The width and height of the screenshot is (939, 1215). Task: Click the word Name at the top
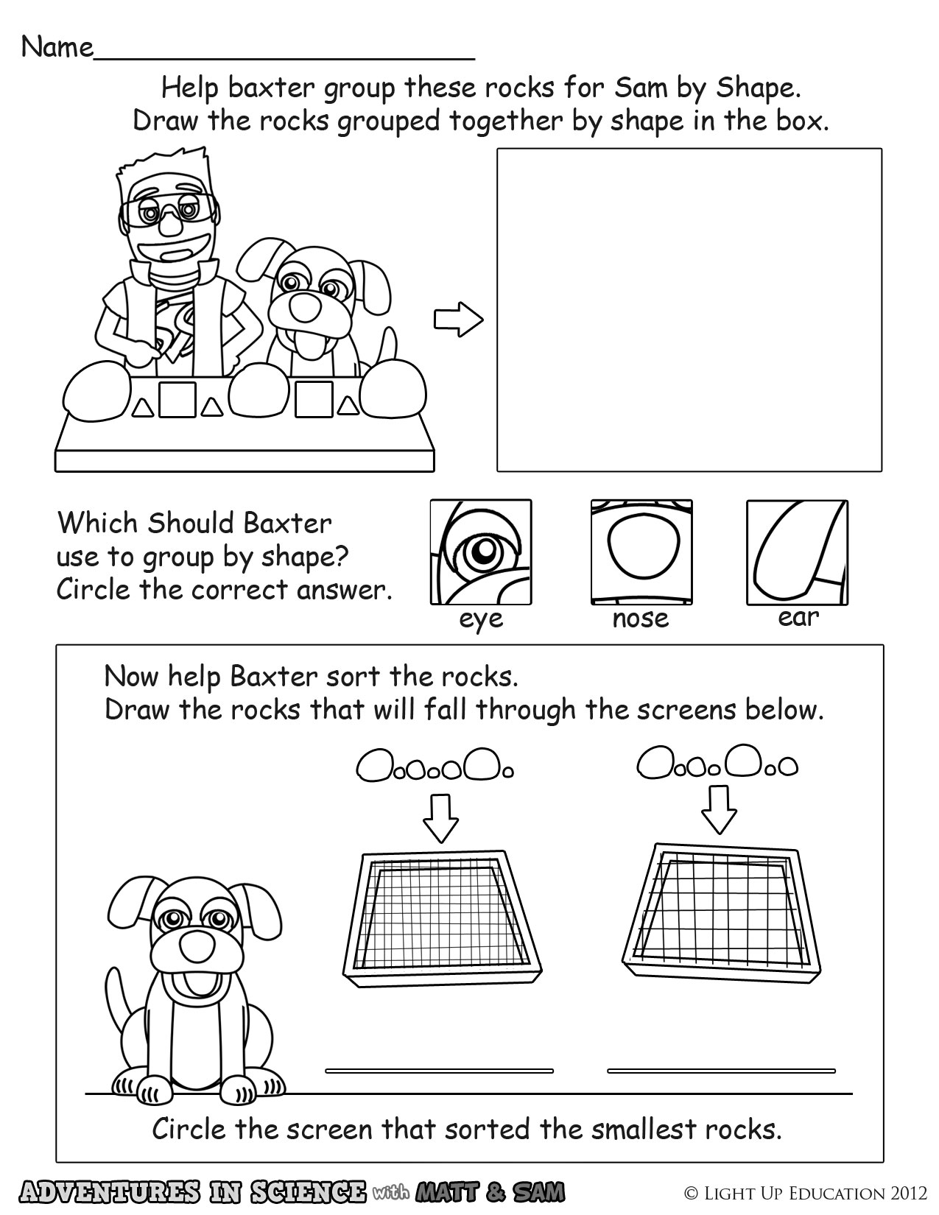click(57, 48)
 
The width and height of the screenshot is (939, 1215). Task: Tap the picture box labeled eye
click(481, 552)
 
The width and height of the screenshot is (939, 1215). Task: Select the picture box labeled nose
click(641, 552)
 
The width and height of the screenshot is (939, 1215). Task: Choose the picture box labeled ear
click(798, 552)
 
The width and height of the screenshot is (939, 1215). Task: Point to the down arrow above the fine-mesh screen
click(440, 817)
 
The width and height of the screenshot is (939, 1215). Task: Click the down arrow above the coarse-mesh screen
click(720, 809)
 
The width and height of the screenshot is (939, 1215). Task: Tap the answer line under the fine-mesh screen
click(440, 1071)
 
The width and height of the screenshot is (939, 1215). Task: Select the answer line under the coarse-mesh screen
click(722, 1071)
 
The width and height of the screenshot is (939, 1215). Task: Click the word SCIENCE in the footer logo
click(308, 1191)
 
